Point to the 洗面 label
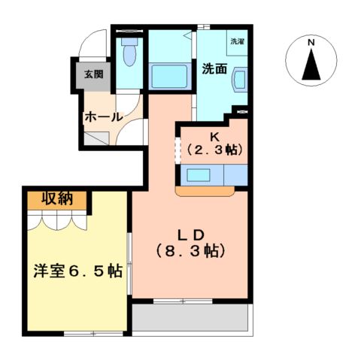pyautogui.click(x=214, y=69)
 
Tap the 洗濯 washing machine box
pyautogui.click(x=237, y=42)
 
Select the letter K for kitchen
pyautogui.click(x=214, y=137)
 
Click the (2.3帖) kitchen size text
pyautogui.click(x=214, y=150)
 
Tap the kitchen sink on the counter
pyautogui.click(x=200, y=175)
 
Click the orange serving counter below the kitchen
pyautogui.click(x=206, y=192)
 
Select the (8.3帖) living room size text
pyautogui.click(x=191, y=250)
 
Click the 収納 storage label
pyautogui.click(x=56, y=199)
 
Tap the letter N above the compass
pyautogui.click(x=311, y=43)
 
